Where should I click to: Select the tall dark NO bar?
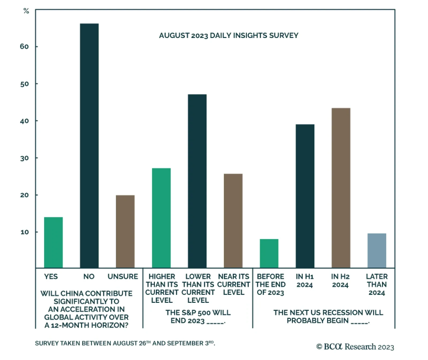tap(89, 146)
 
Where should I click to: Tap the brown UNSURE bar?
tap(125, 231)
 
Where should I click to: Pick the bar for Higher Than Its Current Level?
tap(161, 218)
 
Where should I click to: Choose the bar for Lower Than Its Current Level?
tap(197, 181)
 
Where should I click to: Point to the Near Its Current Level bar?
tap(233, 221)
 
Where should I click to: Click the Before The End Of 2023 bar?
tap(269, 253)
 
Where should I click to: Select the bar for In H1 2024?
tap(305, 196)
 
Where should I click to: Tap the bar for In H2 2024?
tap(341, 188)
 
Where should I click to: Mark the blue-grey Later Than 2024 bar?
tap(377, 250)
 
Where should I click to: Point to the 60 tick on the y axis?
tap(24, 47)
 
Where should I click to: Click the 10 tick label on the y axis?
tap(25, 232)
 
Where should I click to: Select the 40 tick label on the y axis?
tap(24, 121)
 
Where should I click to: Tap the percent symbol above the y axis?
tap(26, 11)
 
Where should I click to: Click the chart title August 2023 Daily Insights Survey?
tap(229, 36)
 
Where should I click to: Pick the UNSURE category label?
tap(123, 276)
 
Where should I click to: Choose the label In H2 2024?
tap(340, 280)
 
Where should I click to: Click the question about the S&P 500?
tap(198, 316)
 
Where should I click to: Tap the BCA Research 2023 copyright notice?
tap(355, 347)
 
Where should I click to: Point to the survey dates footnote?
tap(125, 343)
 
